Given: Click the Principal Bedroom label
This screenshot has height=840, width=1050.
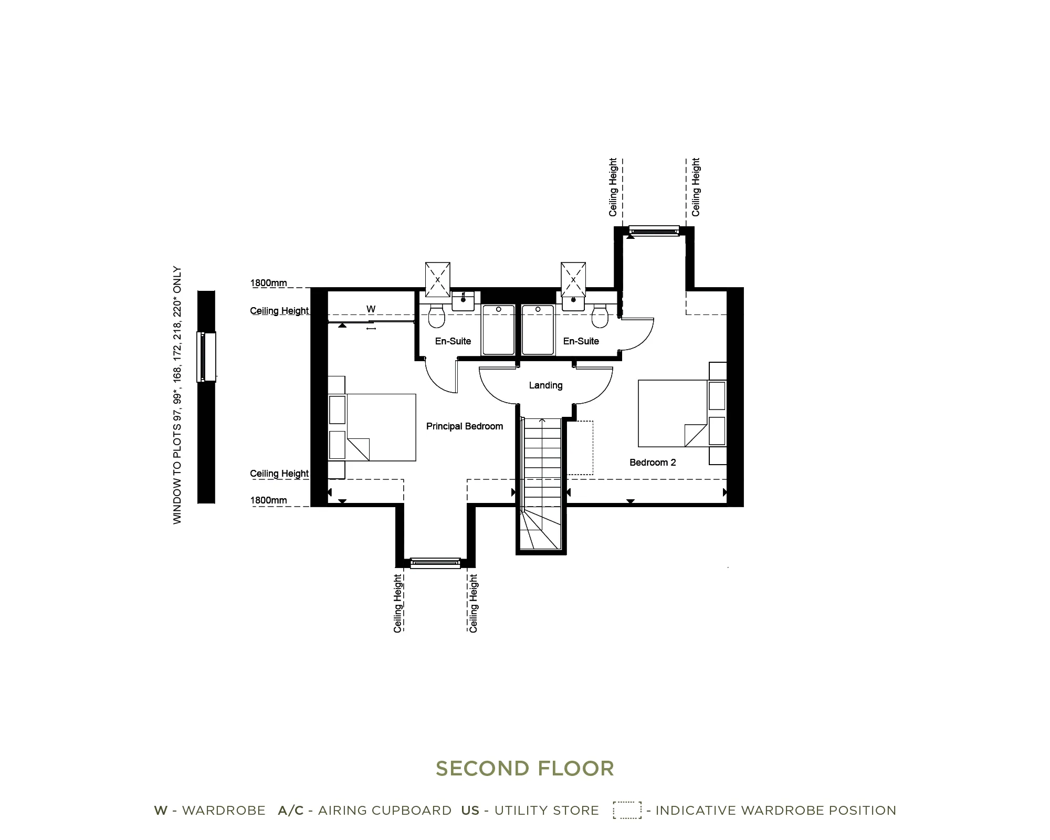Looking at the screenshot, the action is pyautogui.click(x=465, y=426).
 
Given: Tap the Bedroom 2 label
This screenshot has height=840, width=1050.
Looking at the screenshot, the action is pyautogui.click(x=653, y=463).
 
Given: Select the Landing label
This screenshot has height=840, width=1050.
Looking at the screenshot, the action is pyautogui.click(x=545, y=385).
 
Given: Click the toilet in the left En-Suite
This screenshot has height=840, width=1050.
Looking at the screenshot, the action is pyautogui.click(x=437, y=315).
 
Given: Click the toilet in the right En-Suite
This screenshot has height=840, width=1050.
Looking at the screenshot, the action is pyautogui.click(x=600, y=315).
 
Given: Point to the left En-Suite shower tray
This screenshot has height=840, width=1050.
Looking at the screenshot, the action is pyautogui.click(x=498, y=330).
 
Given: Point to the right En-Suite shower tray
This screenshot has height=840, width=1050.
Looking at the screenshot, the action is pyautogui.click(x=538, y=330).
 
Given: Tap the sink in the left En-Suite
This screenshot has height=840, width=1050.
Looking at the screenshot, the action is pyautogui.click(x=463, y=301).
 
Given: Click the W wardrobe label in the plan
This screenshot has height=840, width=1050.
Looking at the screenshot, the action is pyautogui.click(x=371, y=309).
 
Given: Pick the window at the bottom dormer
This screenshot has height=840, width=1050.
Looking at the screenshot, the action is pyautogui.click(x=435, y=563).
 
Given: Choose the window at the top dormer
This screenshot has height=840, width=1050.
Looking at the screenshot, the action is pyautogui.click(x=654, y=231).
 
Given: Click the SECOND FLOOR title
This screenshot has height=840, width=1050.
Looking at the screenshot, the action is pyautogui.click(x=525, y=769).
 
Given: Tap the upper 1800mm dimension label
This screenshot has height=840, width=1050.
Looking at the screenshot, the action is pyautogui.click(x=268, y=283).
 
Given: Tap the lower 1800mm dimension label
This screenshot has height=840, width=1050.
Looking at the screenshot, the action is pyautogui.click(x=268, y=500).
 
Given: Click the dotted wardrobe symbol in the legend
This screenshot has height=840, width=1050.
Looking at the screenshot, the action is pyautogui.click(x=627, y=810).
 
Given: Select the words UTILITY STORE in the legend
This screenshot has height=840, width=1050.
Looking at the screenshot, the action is pyautogui.click(x=547, y=811).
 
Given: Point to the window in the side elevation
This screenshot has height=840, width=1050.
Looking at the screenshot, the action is pyautogui.click(x=206, y=356).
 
